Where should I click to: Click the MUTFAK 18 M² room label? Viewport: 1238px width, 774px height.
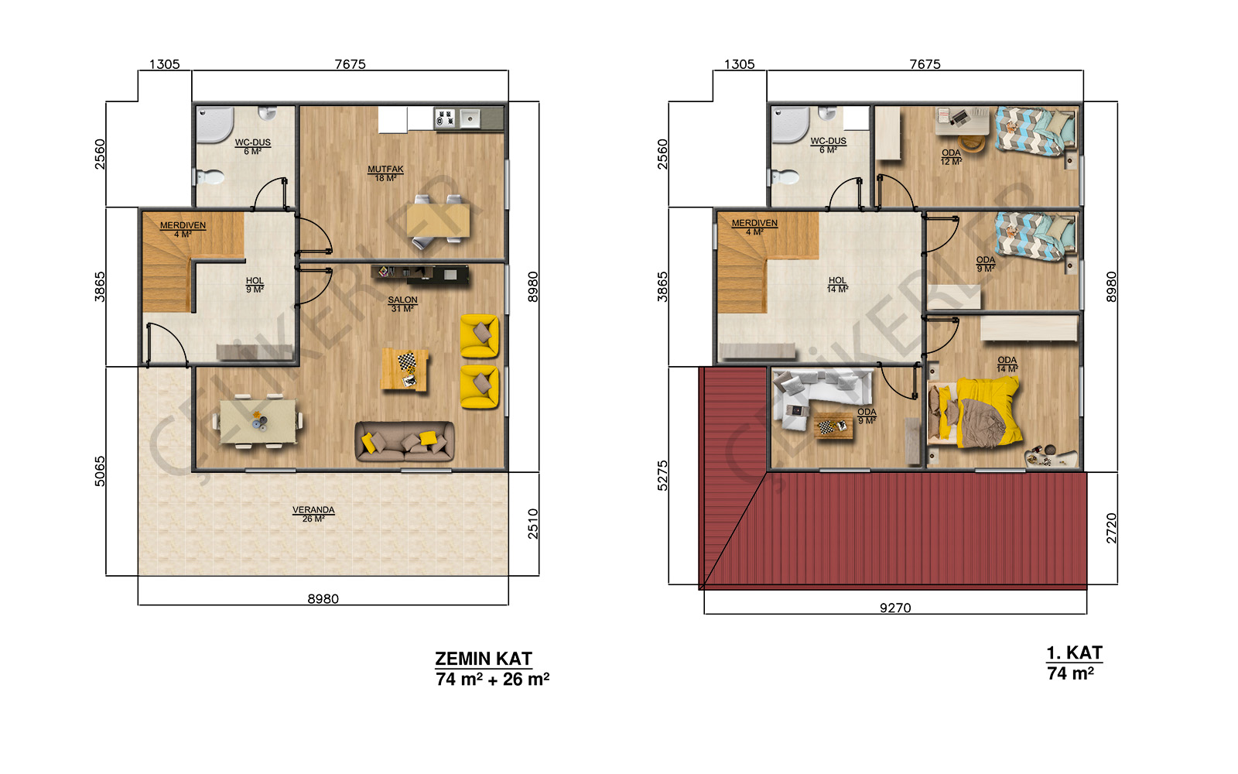point(385,173)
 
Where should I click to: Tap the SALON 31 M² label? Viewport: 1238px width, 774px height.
point(402,304)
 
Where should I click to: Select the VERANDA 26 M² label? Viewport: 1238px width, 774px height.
point(313,514)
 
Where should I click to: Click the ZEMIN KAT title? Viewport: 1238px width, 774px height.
point(483,659)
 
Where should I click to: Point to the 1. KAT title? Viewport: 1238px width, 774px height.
point(1075,653)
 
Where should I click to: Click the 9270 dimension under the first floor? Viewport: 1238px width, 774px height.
point(895,608)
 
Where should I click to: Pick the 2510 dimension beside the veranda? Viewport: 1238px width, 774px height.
point(533,523)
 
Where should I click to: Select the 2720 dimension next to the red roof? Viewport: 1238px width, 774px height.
point(1111,528)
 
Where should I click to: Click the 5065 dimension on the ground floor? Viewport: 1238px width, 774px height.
point(100,471)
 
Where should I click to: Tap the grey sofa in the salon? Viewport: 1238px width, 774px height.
point(405,441)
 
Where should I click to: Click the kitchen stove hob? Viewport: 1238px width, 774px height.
point(445,118)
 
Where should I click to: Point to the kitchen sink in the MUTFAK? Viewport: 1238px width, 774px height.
point(470,118)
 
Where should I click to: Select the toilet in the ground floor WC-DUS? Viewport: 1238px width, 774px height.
point(209,177)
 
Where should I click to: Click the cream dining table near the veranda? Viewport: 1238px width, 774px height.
point(258,421)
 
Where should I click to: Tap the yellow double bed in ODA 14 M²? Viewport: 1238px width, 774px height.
point(975,413)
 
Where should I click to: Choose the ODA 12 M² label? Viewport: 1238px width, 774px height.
point(951,157)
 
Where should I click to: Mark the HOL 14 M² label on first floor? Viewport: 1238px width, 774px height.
point(837,285)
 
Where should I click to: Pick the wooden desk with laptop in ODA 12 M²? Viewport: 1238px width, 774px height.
point(962,121)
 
